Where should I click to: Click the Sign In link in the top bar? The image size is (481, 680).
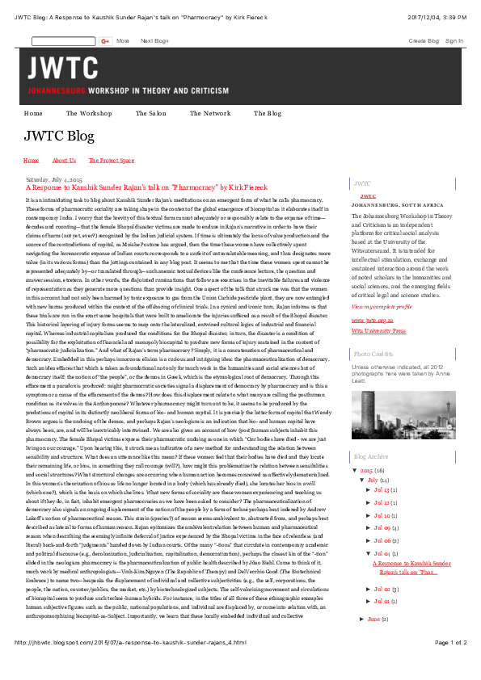click(x=454, y=40)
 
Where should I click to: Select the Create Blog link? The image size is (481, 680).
click(x=424, y=40)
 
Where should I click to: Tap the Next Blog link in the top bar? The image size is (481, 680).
click(x=154, y=40)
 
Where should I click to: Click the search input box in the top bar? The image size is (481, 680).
click(x=63, y=40)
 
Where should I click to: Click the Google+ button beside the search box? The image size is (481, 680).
click(x=105, y=40)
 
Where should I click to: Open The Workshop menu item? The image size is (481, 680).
click(x=89, y=114)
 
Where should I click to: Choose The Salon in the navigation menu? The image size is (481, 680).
click(x=151, y=114)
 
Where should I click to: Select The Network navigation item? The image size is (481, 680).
click(x=210, y=114)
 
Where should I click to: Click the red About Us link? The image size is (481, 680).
click(x=64, y=161)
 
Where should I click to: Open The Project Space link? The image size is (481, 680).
click(x=112, y=161)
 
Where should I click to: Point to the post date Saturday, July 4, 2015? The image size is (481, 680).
click(x=54, y=178)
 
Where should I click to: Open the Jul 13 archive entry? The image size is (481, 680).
click(x=382, y=489)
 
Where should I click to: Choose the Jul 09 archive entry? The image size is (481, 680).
click(x=382, y=528)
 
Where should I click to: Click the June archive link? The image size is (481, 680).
click(x=373, y=619)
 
